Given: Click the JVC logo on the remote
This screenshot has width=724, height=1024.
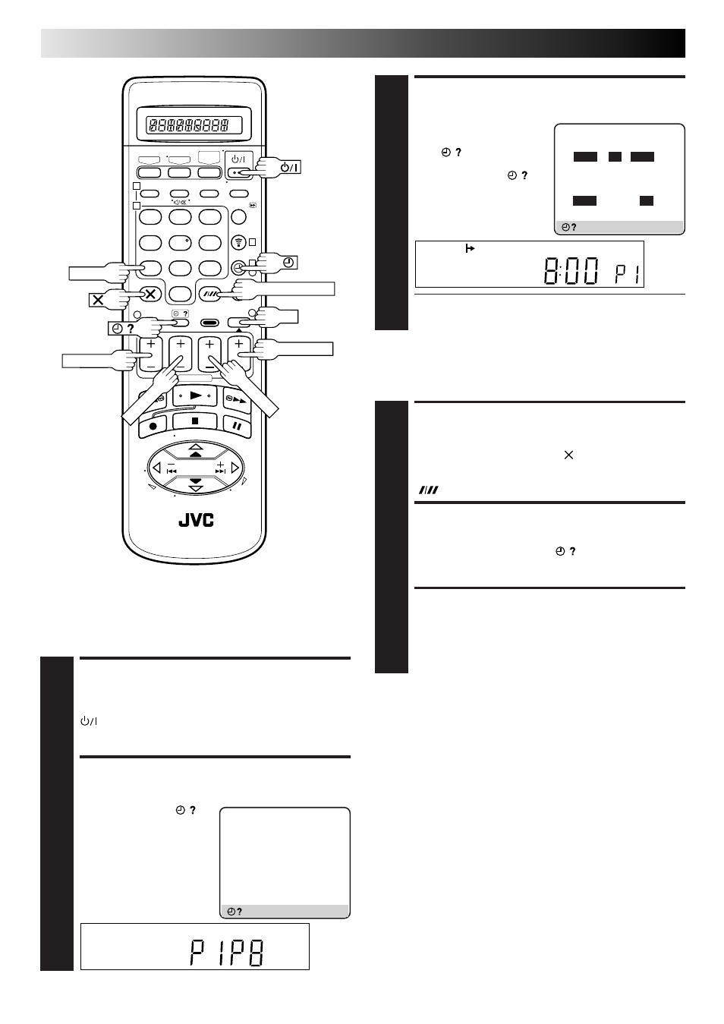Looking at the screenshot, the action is pyautogui.click(x=196, y=520).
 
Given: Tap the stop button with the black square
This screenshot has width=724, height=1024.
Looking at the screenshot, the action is pyautogui.click(x=195, y=421).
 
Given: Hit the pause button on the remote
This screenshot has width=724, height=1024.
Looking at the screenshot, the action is pyautogui.click(x=238, y=426).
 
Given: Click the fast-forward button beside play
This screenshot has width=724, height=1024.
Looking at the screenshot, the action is pyautogui.click(x=236, y=401).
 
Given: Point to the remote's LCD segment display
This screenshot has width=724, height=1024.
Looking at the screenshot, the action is pyautogui.click(x=194, y=124).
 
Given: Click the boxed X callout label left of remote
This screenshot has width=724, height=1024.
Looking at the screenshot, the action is pyautogui.click(x=98, y=301).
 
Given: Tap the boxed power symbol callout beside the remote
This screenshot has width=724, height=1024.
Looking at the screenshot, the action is pyautogui.click(x=290, y=167).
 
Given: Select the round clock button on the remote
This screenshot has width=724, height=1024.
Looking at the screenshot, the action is pyautogui.click(x=238, y=267).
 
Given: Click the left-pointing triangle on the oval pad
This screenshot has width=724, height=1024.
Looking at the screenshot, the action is pyautogui.click(x=157, y=468).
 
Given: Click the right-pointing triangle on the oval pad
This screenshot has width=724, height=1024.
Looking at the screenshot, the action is pyautogui.click(x=235, y=468).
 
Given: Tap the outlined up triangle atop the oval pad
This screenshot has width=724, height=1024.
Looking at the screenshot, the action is pyautogui.click(x=196, y=446).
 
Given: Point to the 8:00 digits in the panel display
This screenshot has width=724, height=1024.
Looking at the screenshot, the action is pyautogui.click(x=571, y=271).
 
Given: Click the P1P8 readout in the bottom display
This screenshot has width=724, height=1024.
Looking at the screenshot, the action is pyautogui.click(x=227, y=952).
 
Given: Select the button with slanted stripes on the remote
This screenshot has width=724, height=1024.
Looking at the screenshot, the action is pyautogui.click(x=209, y=295).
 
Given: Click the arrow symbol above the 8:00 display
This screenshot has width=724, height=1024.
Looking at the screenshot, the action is pyautogui.click(x=470, y=249).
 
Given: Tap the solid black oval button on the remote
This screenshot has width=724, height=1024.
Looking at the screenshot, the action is pyautogui.click(x=209, y=323).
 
